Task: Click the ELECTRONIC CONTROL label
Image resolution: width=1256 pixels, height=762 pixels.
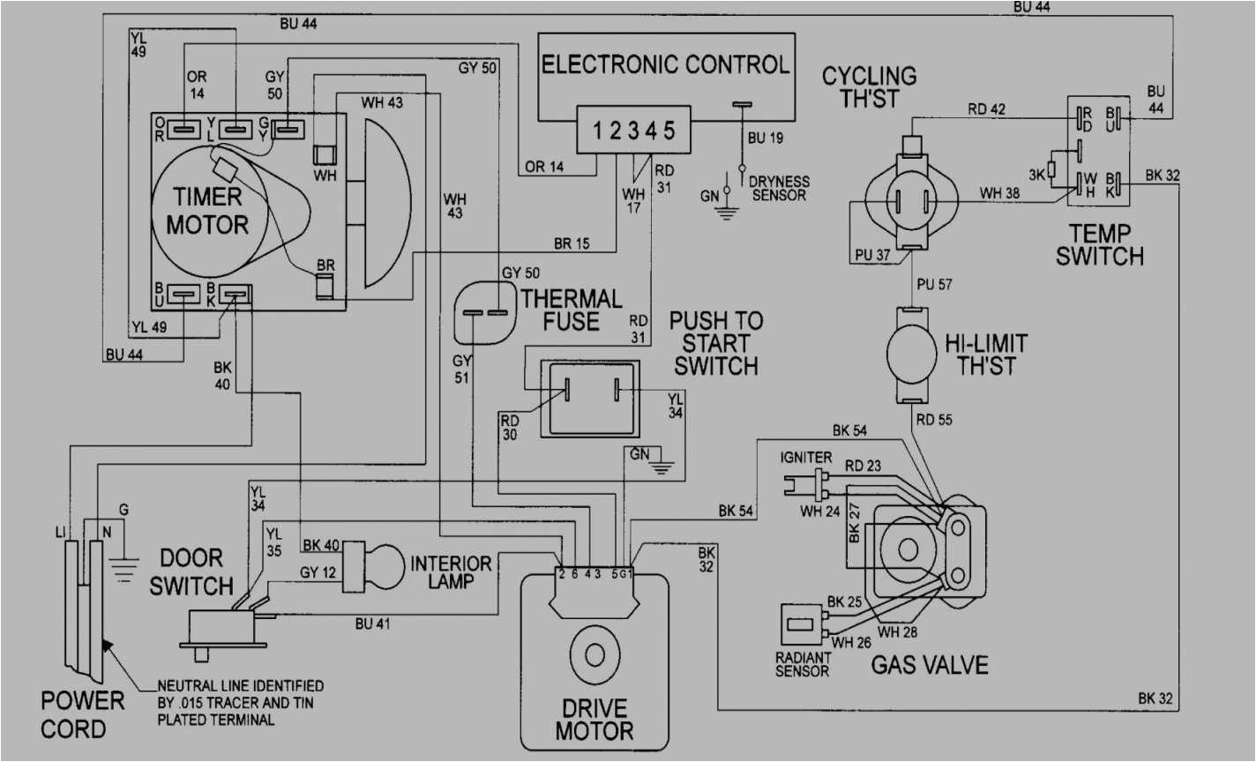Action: tap(665, 65)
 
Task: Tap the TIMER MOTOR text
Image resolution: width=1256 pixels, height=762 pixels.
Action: tap(207, 211)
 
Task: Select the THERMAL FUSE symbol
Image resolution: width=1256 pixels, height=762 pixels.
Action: tap(483, 313)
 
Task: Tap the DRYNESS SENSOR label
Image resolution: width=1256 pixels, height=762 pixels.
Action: tap(779, 188)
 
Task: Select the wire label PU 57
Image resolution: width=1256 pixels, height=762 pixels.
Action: tap(934, 285)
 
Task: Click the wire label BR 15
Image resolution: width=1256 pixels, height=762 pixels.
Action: tap(572, 243)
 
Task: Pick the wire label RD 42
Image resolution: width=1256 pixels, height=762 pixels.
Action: tap(986, 110)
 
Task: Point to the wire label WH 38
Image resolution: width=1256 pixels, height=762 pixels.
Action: tap(999, 193)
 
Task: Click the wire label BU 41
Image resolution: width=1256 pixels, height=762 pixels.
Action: tap(372, 624)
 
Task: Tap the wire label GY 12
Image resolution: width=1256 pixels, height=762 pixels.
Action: tap(318, 572)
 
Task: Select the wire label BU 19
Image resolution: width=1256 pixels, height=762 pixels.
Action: tap(765, 138)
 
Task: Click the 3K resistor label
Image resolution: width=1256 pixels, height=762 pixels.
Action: tap(1036, 175)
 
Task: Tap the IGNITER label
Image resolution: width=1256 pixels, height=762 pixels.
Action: tap(805, 458)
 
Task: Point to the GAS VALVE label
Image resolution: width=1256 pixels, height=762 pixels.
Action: tap(929, 664)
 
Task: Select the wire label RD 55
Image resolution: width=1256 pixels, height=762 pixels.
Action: tap(934, 421)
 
